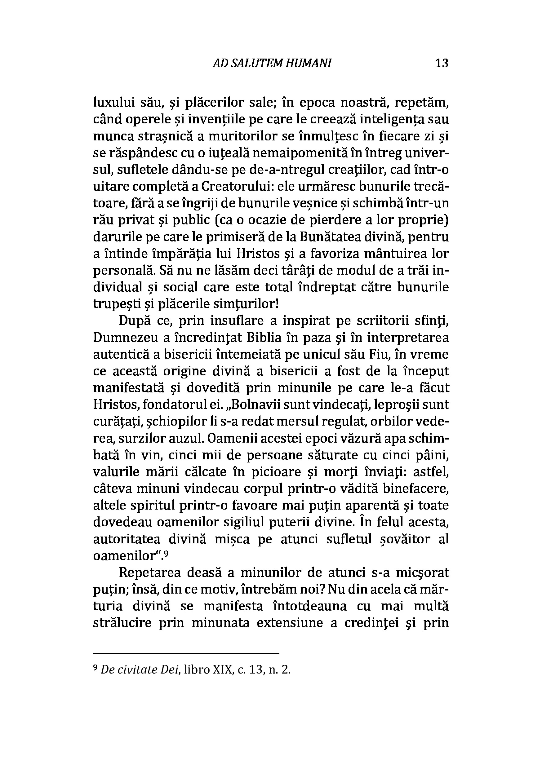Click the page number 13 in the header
pyautogui.click(x=442, y=63)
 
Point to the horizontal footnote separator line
pyautogui.click(x=186, y=653)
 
